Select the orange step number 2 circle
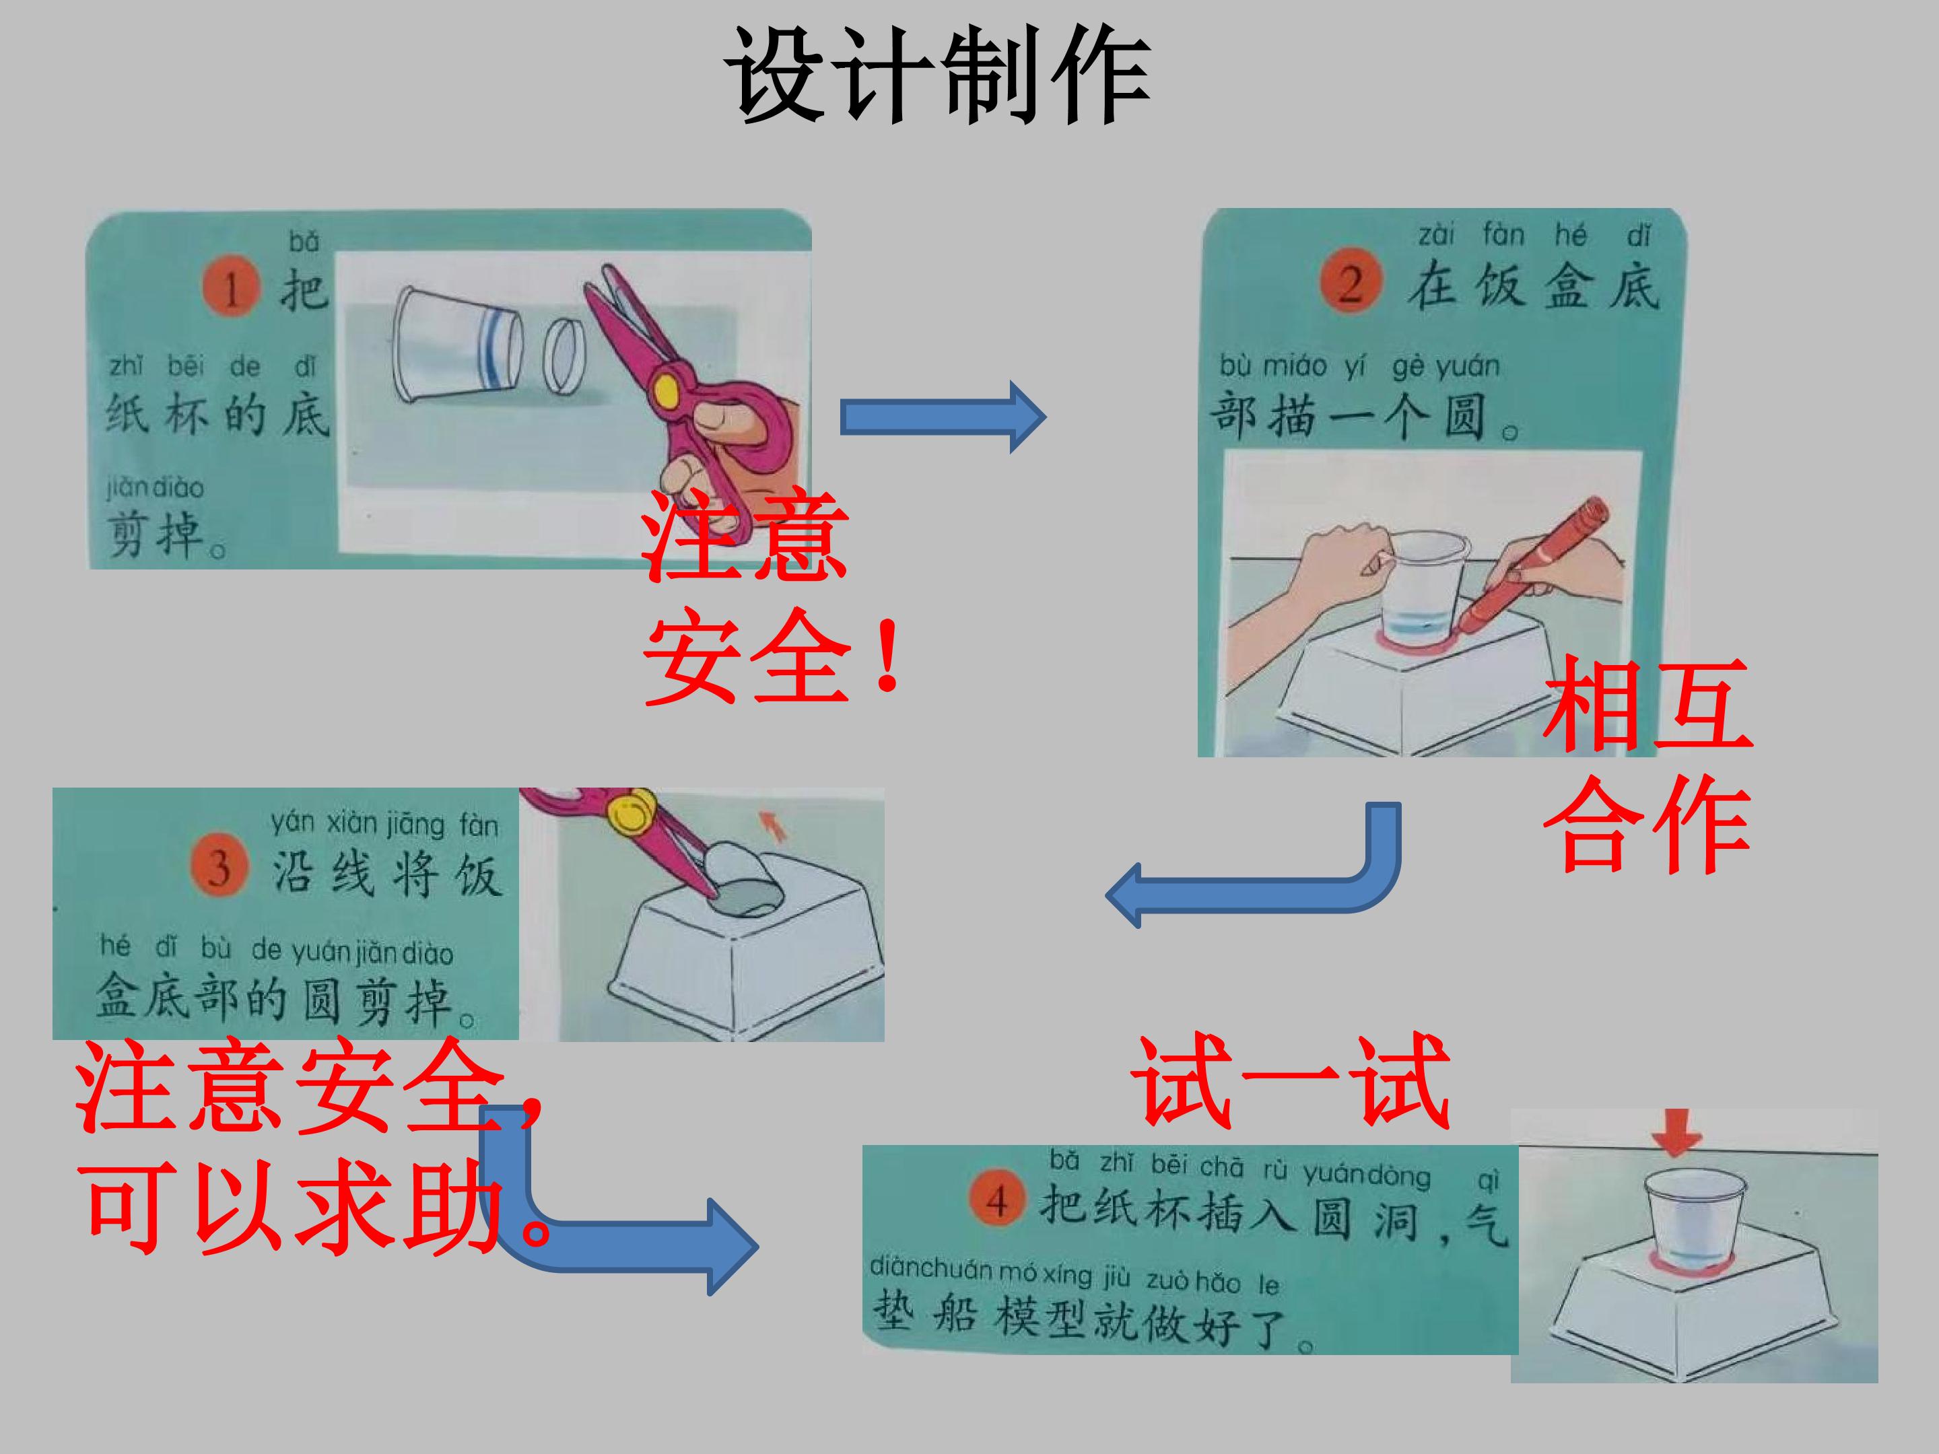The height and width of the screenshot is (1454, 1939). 1351,282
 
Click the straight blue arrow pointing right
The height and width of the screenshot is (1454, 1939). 943,417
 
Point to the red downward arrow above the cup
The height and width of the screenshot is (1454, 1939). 1676,1132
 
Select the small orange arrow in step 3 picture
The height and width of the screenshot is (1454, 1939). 772,824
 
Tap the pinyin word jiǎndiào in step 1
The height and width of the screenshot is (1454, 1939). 155,487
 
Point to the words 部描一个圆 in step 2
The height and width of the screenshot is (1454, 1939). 1350,415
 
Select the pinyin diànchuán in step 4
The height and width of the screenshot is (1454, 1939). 931,1268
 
